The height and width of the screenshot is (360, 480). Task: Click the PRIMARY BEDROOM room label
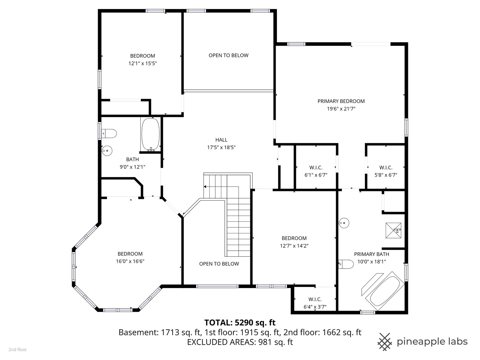tap(341, 101)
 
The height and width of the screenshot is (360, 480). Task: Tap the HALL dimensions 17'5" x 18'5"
tap(221, 147)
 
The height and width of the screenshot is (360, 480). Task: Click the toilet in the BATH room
tap(109, 134)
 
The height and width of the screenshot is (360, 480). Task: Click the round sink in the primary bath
tap(344, 223)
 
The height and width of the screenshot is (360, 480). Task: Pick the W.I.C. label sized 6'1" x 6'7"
tap(316, 168)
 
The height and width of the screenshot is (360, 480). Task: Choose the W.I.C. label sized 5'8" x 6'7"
tap(386, 168)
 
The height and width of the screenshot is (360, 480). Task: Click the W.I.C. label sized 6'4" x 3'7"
tap(315, 299)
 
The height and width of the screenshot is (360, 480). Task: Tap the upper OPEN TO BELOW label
tap(228, 55)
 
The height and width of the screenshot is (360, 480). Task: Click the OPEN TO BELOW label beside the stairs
tap(219, 264)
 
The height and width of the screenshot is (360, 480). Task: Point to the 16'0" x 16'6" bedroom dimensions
tap(130, 261)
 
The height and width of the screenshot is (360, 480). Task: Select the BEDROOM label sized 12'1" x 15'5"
tap(142, 56)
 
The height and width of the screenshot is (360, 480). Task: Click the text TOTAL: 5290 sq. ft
tap(240, 322)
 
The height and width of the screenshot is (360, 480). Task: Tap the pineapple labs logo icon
tap(385, 342)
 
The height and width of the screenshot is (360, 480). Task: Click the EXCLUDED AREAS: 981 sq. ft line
tap(240, 342)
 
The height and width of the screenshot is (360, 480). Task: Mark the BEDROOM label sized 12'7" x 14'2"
tap(294, 238)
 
